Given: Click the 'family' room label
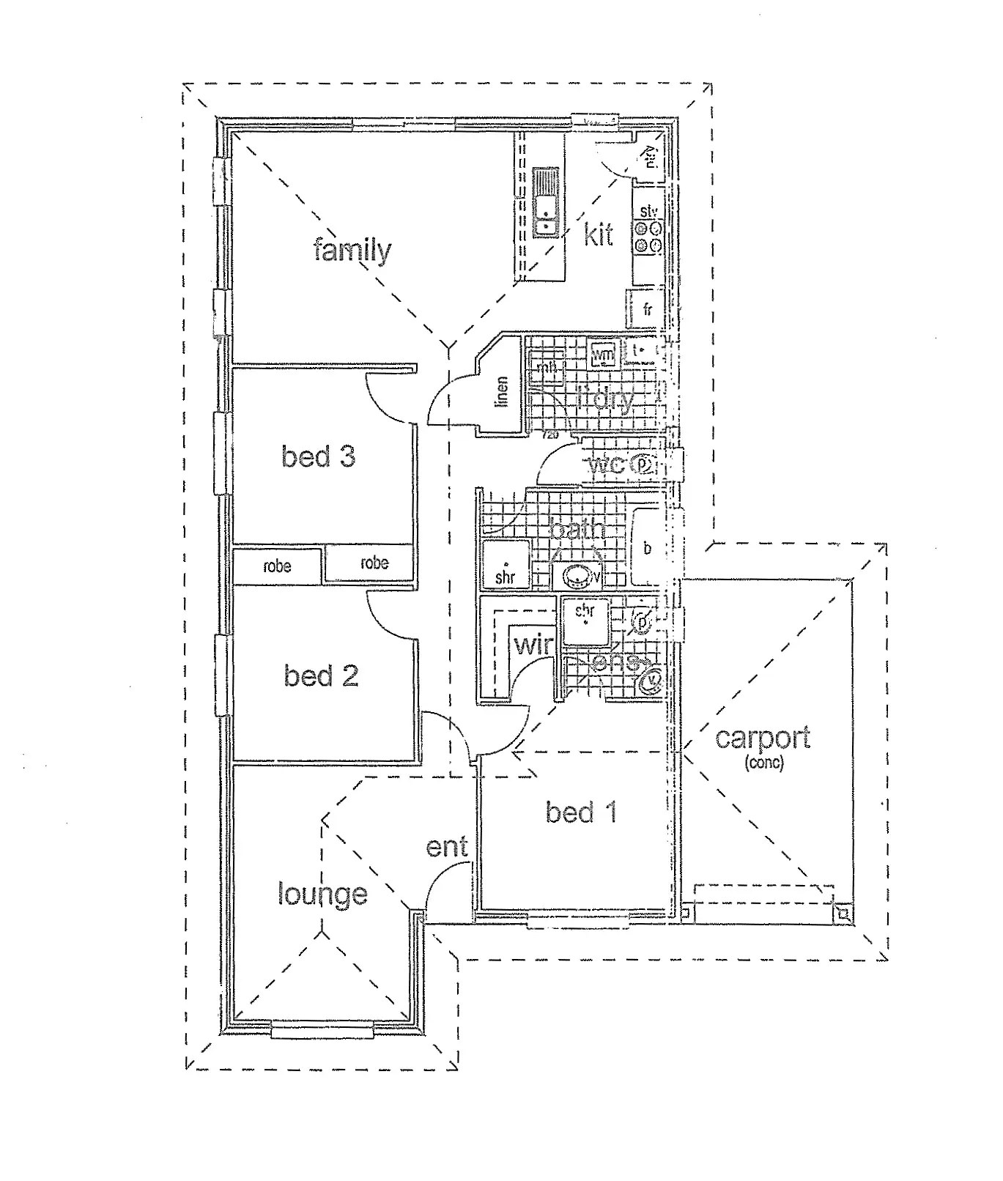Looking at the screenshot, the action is (352, 251).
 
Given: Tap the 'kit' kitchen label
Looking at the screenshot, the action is (599, 234).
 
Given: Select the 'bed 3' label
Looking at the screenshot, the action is (318, 456).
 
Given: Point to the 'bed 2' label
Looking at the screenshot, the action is (321, 675).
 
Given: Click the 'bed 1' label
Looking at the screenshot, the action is (581, 812).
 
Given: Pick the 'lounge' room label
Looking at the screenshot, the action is (322, 894).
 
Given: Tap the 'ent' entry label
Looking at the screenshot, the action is (446, 847).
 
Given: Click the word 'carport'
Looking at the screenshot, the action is (763, 737).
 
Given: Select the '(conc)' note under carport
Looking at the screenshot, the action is (763, 763).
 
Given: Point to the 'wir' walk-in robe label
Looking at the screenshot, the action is (533, 645).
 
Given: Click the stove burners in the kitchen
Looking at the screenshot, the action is (648, 238).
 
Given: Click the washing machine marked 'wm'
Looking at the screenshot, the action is (603, 355).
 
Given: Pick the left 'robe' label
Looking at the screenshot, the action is (277, 566).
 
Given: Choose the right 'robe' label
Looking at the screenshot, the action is (374, 563).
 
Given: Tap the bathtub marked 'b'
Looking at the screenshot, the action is (648, 547).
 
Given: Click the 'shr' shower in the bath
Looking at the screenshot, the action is (505, 566).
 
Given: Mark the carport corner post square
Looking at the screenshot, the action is (843, 914).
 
